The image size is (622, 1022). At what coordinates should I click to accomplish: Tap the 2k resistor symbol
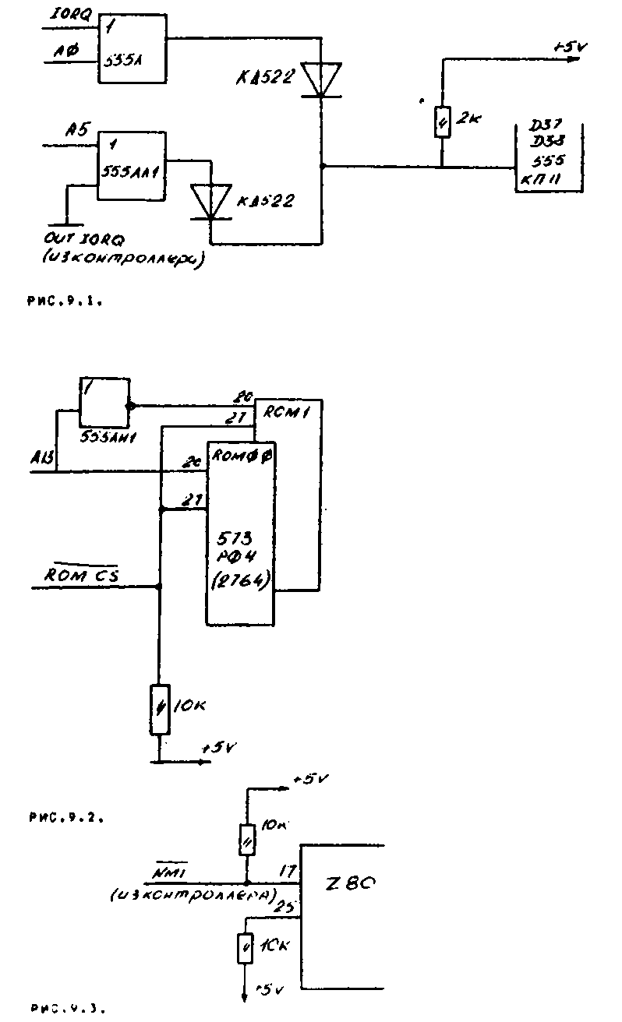442,121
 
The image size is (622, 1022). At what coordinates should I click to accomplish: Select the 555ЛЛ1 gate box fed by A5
132,165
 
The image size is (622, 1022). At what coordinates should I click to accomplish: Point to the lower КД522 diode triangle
211,201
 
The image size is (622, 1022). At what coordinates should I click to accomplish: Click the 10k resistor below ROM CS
160,709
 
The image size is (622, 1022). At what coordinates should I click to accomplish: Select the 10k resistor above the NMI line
246,841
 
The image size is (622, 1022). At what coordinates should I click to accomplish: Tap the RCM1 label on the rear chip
288,414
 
